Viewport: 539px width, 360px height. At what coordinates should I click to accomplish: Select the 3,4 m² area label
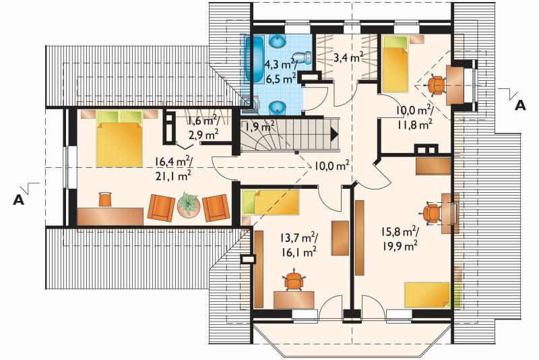[348, 57]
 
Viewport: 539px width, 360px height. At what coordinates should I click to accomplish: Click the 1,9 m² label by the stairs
[259, 126]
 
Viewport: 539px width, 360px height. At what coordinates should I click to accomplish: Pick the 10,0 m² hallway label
[331, 166]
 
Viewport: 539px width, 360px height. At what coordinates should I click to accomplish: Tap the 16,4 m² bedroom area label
[173, 161]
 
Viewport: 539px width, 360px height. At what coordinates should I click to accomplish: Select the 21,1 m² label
[173, 176]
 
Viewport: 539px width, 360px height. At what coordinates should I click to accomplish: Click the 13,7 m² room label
[298, 237]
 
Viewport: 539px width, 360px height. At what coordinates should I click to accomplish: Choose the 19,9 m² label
[400, 246]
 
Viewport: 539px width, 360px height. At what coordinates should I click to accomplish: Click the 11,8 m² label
[414, 125]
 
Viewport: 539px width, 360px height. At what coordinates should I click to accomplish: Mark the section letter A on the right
[520, 105]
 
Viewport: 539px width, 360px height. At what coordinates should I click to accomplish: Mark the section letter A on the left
[19, 200]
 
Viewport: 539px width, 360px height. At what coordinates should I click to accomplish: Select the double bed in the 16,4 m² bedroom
[119, 139]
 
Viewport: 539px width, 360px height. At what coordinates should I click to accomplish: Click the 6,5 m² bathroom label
[281, 79]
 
